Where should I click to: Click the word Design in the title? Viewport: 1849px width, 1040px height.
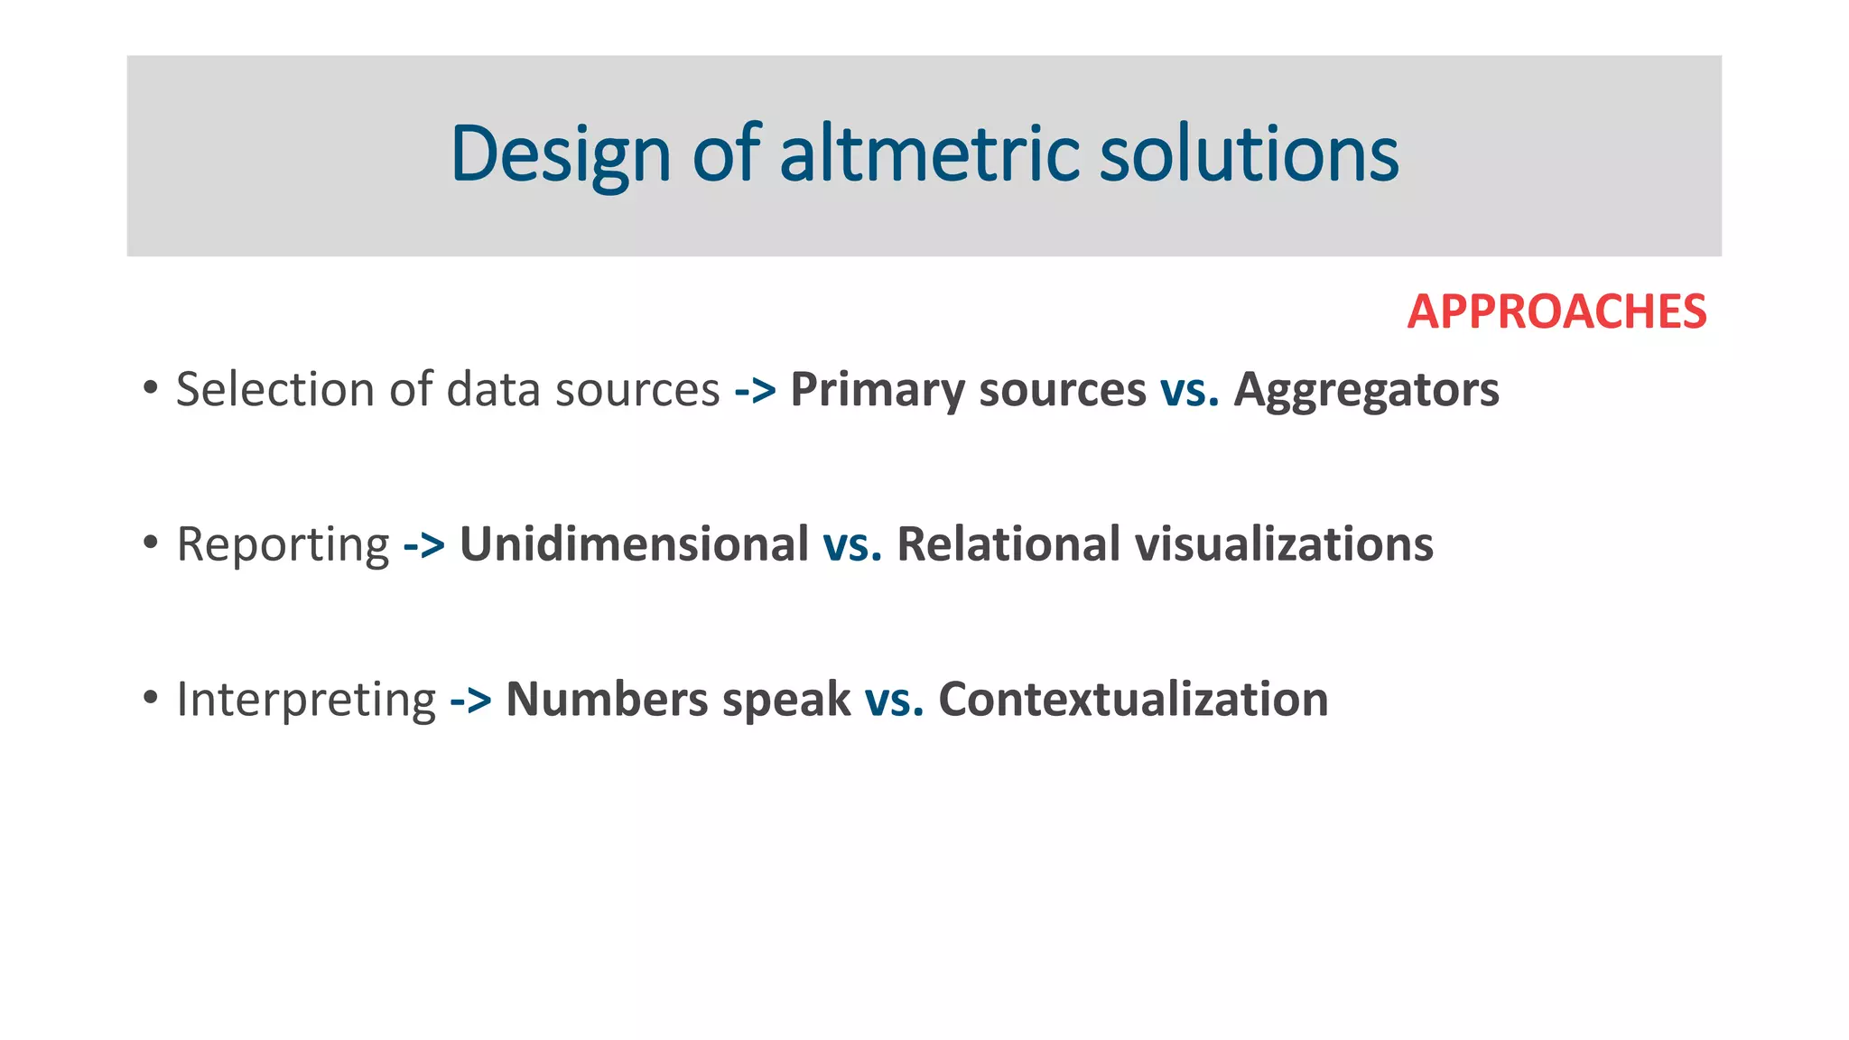pos(561,155)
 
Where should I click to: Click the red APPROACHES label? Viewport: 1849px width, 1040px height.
pos(1556,312)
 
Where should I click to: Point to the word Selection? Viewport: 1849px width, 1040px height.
pos(274,390)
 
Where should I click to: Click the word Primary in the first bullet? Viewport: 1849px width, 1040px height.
pos(877,391)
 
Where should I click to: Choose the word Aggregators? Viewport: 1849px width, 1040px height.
pos(1366,391)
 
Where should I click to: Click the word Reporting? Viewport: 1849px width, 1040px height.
pos(283,545)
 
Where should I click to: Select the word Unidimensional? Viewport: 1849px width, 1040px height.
pos(634,544)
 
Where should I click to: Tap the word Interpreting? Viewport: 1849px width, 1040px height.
pos(306,701)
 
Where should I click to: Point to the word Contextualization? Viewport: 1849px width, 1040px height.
pos(1133,700)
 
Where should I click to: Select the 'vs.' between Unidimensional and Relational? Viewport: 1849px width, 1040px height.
pos(852,545)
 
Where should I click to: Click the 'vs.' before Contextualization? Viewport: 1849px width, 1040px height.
pos(894,701)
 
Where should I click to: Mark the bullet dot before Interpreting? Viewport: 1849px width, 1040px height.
pos(151,698)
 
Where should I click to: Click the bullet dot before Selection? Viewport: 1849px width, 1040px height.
pos(151,388)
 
